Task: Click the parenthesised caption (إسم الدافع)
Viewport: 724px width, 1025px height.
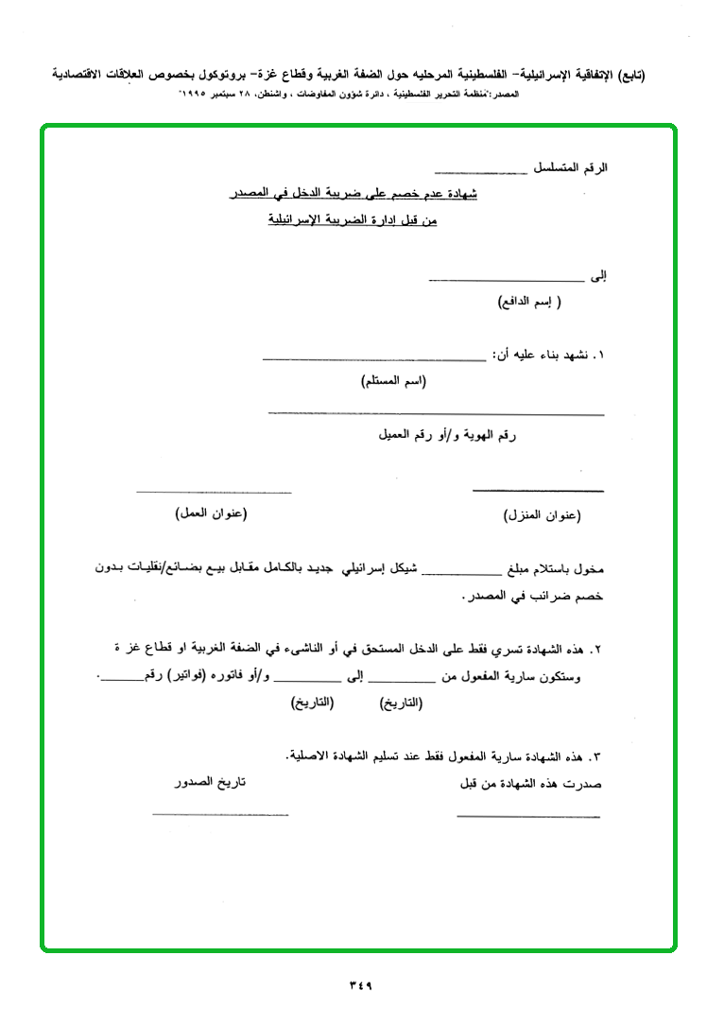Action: [x=529, y=303]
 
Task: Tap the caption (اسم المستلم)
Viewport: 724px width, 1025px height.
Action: [x=393, y=381]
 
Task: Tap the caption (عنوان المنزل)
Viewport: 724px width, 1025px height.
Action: [x=541, y=515]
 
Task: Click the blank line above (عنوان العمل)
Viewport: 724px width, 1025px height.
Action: [x=214, y=492]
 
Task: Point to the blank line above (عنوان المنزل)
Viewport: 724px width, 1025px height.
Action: [x=538, y=491]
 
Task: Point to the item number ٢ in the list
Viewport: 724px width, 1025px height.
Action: [x=597, y=651]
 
